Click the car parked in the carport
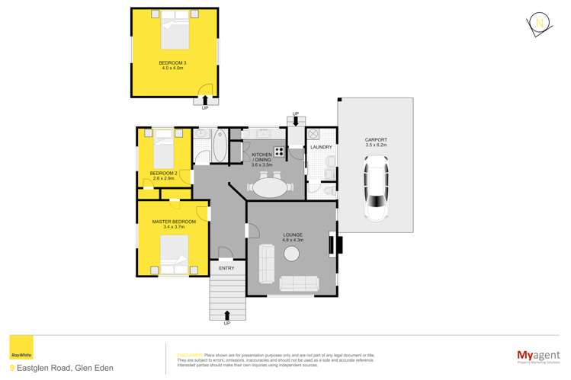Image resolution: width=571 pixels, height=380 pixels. click(x=376, y=184)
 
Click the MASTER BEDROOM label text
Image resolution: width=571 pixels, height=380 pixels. click(x=173, y=222)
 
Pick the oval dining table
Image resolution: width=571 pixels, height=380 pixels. click(x=271, y=186)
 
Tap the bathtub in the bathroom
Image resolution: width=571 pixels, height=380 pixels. click(x=219, y=147)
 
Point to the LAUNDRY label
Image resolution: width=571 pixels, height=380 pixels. click(x=319, y=147)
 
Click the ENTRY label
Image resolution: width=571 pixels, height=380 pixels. click(x=226, y=268)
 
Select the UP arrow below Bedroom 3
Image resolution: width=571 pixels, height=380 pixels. click(x=204, y=102)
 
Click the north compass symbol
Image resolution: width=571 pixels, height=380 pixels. click(x=539, y=24)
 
